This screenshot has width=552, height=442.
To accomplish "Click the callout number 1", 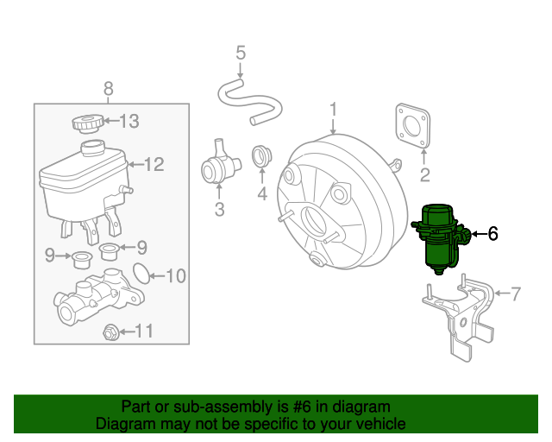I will coord(334,109).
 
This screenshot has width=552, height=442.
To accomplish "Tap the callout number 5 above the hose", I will coord(241,54).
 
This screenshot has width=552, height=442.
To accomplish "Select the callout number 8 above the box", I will coord(109,87).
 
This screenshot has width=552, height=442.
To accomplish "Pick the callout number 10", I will coord(175,276).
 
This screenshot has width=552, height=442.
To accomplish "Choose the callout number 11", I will coord(144,331).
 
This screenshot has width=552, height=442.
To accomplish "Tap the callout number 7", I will coord(516,294).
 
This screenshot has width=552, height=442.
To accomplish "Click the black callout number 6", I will coord(492,233).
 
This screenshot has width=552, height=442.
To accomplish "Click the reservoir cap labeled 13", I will coord(88,123).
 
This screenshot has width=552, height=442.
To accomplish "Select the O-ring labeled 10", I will coord(136,275).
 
